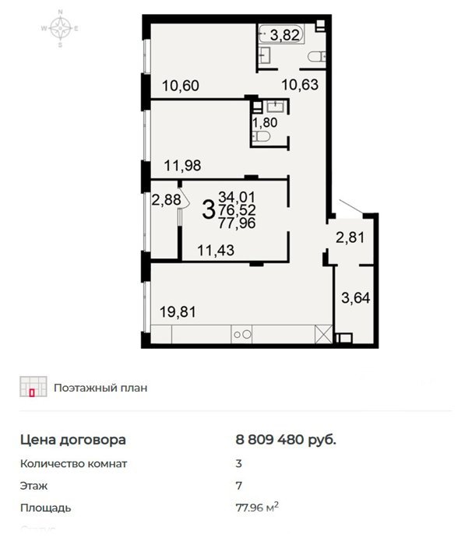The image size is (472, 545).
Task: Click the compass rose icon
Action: pyautogui.click(x=60, y=28)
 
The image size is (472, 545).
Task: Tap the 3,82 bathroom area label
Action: pyautogui.click(x=284, y=35)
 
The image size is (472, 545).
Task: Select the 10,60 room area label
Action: pyautogui.click(x=181, y=86)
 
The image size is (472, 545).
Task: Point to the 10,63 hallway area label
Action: pyautogui.click(x=300, y=84)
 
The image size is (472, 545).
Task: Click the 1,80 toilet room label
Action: pyautogui.click(x=265, y=123)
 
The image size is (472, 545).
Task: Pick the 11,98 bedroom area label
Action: pyautogui.click(x=182, y=165)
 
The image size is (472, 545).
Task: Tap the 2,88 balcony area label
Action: pyautogui.click(x=166, y=200)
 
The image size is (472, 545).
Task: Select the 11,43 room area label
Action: pyautogui.click(x=216, y=250)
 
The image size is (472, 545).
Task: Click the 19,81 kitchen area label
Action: pyautogui.click(x=178, y=311)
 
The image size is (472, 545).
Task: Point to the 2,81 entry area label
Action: pyautogui.click(x=350, y=237)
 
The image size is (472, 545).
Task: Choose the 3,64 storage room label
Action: pyautogui.click(x=355, y=298)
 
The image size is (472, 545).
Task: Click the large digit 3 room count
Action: pyautogui.click(x=208, y=210)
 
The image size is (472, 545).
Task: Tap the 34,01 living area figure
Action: pyautogui.click(x=237, y=197)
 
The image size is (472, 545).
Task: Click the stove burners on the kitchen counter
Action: pyautogui.click(x=241, y=334)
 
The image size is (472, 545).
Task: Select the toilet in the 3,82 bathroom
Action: pyautogui.click(x=317, y=56)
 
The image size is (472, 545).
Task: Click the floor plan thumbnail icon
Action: pyautogui.click(x=33, y=386)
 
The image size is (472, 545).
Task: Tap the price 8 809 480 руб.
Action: pyautogui.click(x=286, y=440)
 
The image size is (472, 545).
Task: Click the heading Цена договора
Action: pyautogui.click(x=73, y=440)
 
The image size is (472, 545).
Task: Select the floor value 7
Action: pyautogui.click(x=238, y=486)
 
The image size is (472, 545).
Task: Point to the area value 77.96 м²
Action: pyautogui.click(x=257, y=508)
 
